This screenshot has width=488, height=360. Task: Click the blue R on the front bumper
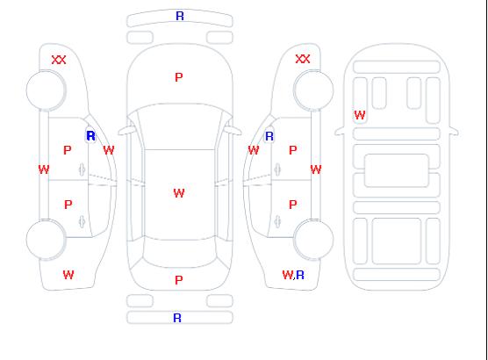coord(180,16)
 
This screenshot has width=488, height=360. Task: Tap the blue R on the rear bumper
coord(177,318)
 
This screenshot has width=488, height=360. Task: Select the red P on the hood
coord(179,77)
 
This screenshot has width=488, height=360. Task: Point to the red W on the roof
coord(179,193)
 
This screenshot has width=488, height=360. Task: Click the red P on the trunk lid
coord(179,280)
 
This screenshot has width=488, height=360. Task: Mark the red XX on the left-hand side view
coord(59,60)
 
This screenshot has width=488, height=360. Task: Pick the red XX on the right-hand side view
coord(303,59)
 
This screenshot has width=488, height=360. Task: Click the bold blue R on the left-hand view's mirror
coord(91,136)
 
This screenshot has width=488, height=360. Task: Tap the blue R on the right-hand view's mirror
coord(269,136)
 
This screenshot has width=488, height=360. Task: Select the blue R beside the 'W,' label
coord(300,275)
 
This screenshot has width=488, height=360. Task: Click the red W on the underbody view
coord(360,115)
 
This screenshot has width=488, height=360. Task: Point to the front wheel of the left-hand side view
coord(46,90)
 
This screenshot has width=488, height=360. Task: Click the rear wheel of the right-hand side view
coord(313,240)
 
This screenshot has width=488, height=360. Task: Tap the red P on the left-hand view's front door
coord(68,150)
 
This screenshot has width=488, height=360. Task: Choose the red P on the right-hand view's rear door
coord(292,205)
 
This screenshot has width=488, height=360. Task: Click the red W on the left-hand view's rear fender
coord(68,275)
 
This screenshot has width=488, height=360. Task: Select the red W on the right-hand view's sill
coord(316,169)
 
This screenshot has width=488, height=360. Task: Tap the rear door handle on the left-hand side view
coord(82,221)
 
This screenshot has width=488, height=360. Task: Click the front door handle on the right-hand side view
coord(277,169)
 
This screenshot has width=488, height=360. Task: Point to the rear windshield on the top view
coord(180,254)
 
